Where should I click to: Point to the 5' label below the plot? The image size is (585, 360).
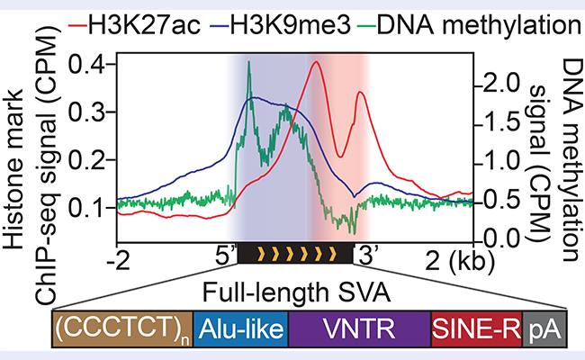click(223, 258)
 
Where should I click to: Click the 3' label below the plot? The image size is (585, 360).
click(368, 258)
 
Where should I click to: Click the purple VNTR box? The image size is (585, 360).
click(359, 331)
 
